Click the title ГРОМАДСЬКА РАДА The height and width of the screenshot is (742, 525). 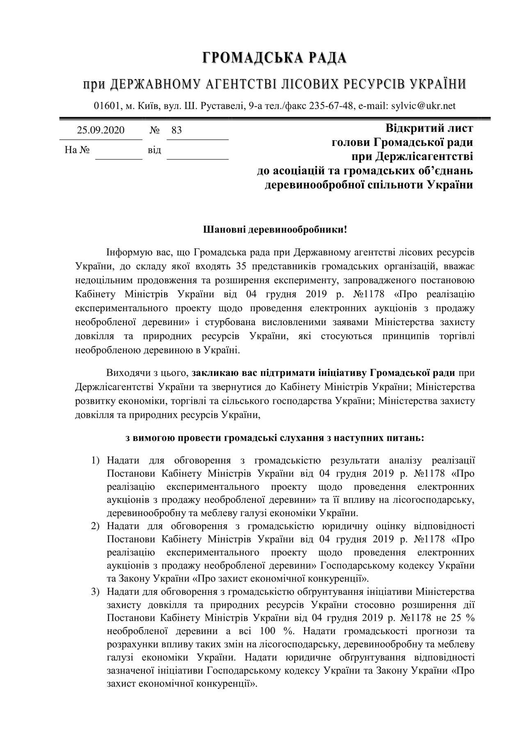tap(274, 58)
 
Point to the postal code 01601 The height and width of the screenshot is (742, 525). tap(107, 106)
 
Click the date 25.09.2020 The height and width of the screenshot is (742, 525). tap(101, 130)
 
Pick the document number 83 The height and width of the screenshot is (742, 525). tap(176, 130)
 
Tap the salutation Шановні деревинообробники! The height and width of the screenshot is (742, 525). tap(275, 230)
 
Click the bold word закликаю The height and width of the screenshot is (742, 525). tap(212, 373)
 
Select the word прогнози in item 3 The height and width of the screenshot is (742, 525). tap(431, 631)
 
